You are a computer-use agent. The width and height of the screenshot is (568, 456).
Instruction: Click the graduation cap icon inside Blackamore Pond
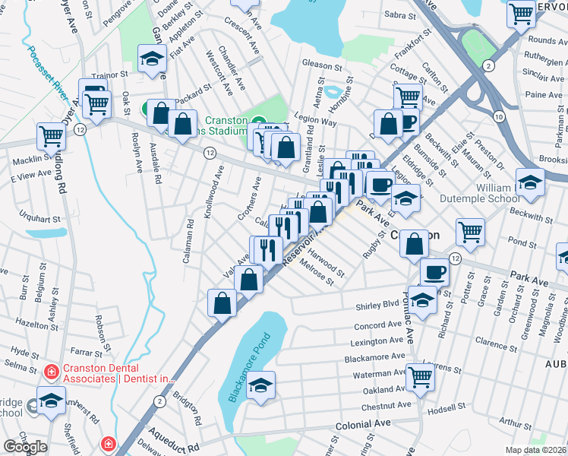point(260,385)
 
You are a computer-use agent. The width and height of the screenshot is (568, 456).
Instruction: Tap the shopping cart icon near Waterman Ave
point(420,375)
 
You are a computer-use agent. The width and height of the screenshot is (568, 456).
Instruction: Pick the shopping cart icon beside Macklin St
point(51,137)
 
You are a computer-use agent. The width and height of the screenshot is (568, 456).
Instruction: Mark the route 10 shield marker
point(498,116)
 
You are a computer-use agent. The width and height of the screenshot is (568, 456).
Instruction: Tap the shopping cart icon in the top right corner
point(522,14)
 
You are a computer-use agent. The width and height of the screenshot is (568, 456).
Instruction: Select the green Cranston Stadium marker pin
point(258,122)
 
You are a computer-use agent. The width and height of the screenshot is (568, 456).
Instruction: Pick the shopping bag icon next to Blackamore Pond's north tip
point(249,279)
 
